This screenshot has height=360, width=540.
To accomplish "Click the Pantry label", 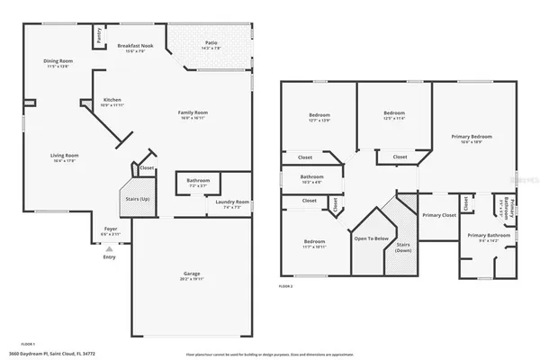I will tap(97, 37).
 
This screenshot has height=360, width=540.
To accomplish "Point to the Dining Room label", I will tap(58, 61).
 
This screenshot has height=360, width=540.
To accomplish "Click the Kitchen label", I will tap(112, 100).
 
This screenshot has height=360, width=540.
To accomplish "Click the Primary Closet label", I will tap(438, 215).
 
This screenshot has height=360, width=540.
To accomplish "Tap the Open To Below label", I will tap(371, 238).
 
